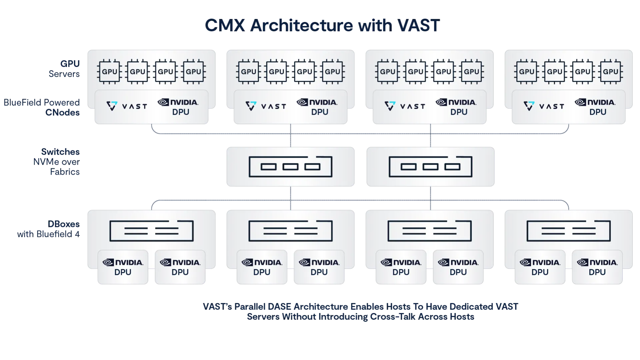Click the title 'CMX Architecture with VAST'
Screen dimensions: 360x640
(x=322, y=25)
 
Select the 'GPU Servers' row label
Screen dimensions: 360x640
(x=65, y=69)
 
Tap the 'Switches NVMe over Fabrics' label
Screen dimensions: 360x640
(x=56, y=162)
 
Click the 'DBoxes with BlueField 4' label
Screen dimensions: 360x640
(x=48, y=229)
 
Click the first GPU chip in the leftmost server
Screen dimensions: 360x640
(x=109, y=71)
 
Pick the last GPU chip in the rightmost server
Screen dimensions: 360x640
(x=610, y=71)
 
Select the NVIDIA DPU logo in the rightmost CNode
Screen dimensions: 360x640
(x=595, y=107)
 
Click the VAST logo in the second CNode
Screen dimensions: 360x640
(x=266, y=106)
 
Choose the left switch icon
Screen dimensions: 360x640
(x=290, y=166)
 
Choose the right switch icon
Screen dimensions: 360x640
(x=430, y=166)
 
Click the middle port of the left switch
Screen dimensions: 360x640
(x=290, y=167)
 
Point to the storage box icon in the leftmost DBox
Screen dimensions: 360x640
(x=151, y=231)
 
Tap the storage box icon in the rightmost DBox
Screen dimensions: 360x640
(x=569, y=231)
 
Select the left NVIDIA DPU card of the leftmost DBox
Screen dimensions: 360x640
(x=123, y=267)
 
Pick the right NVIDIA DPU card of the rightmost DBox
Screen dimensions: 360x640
(x=597, y=267)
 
